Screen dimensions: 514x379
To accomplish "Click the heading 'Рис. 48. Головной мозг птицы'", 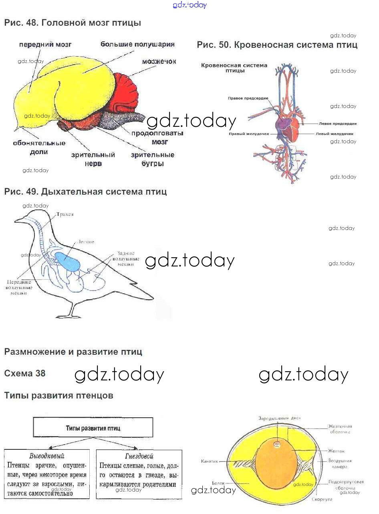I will click(73, 23).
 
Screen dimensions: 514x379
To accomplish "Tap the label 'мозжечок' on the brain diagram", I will click(159, 61).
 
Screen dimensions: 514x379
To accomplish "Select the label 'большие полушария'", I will click(137, 44).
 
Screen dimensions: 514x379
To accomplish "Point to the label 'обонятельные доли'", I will click(39, 147).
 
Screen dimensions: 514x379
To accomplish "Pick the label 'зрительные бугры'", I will click(152, 159).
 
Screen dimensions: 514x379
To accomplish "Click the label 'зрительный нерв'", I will click(93, 159).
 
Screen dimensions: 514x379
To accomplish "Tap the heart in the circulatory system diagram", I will click(288, 127).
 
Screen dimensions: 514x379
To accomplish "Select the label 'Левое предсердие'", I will click(338, 124).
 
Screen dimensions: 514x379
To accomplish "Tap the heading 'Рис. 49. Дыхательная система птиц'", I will click(85, 191).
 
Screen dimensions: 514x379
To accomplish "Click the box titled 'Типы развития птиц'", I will click(93, 428).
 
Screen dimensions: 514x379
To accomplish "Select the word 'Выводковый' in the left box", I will click(47, 456).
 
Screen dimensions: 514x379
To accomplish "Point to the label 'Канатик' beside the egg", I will click(210, 461).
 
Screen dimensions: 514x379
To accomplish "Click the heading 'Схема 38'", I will click(25, 373).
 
